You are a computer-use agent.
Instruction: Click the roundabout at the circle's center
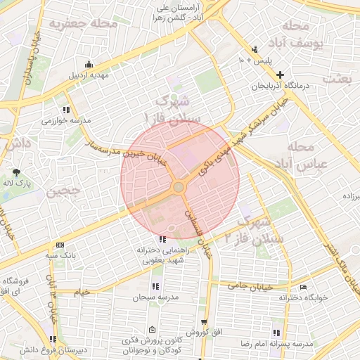pos(178,187)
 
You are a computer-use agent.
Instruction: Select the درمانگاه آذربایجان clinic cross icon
pos(280,75)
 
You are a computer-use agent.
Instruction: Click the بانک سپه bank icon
pos(60,244)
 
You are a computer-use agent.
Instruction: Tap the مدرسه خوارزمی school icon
pos(66,110)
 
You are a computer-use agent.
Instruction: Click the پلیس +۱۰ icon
pos(255,49)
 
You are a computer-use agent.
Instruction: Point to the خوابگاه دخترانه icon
pos(303,287)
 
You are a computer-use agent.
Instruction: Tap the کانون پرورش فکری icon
pos(152,330)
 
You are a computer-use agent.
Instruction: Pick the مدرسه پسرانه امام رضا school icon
pos(276,333)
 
